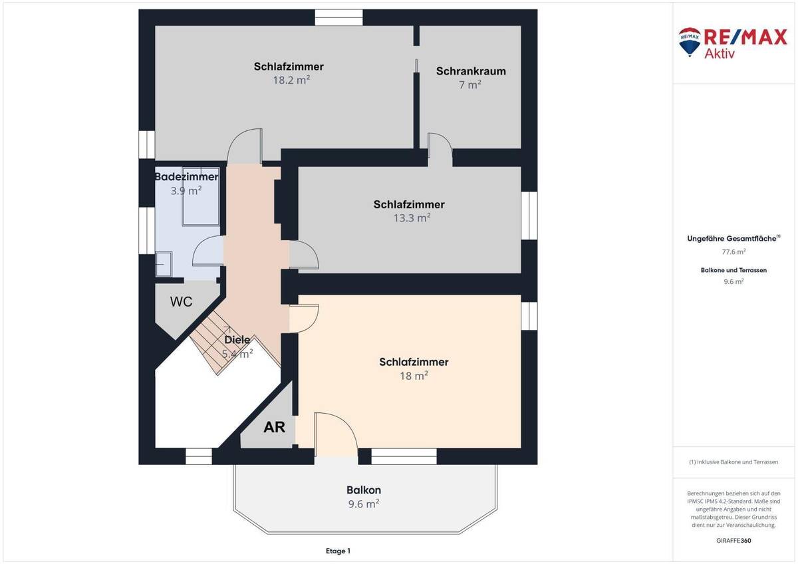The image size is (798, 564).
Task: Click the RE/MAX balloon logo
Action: [689, 40]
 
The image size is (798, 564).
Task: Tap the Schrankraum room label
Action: [471, 71]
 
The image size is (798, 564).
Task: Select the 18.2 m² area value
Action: [289, 79]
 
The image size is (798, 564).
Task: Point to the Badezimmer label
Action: [186, 177]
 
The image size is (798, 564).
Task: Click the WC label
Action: [181, 302]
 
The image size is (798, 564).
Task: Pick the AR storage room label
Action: [275, 427]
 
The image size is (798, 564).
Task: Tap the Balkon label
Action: [364, 490]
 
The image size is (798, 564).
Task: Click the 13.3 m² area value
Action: [409, 217]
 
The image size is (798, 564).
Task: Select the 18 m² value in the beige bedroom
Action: [414, 376]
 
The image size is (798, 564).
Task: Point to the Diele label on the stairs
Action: [237, 340]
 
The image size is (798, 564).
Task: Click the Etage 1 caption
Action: [338, 551]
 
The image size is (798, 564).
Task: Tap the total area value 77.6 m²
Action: [733, 251]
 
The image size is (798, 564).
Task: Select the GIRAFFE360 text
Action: [734, 541]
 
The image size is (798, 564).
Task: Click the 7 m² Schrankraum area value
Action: [470, 84]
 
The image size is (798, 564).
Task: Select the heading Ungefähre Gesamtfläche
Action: [731, 238]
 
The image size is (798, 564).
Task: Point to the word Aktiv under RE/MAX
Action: [720, 54]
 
